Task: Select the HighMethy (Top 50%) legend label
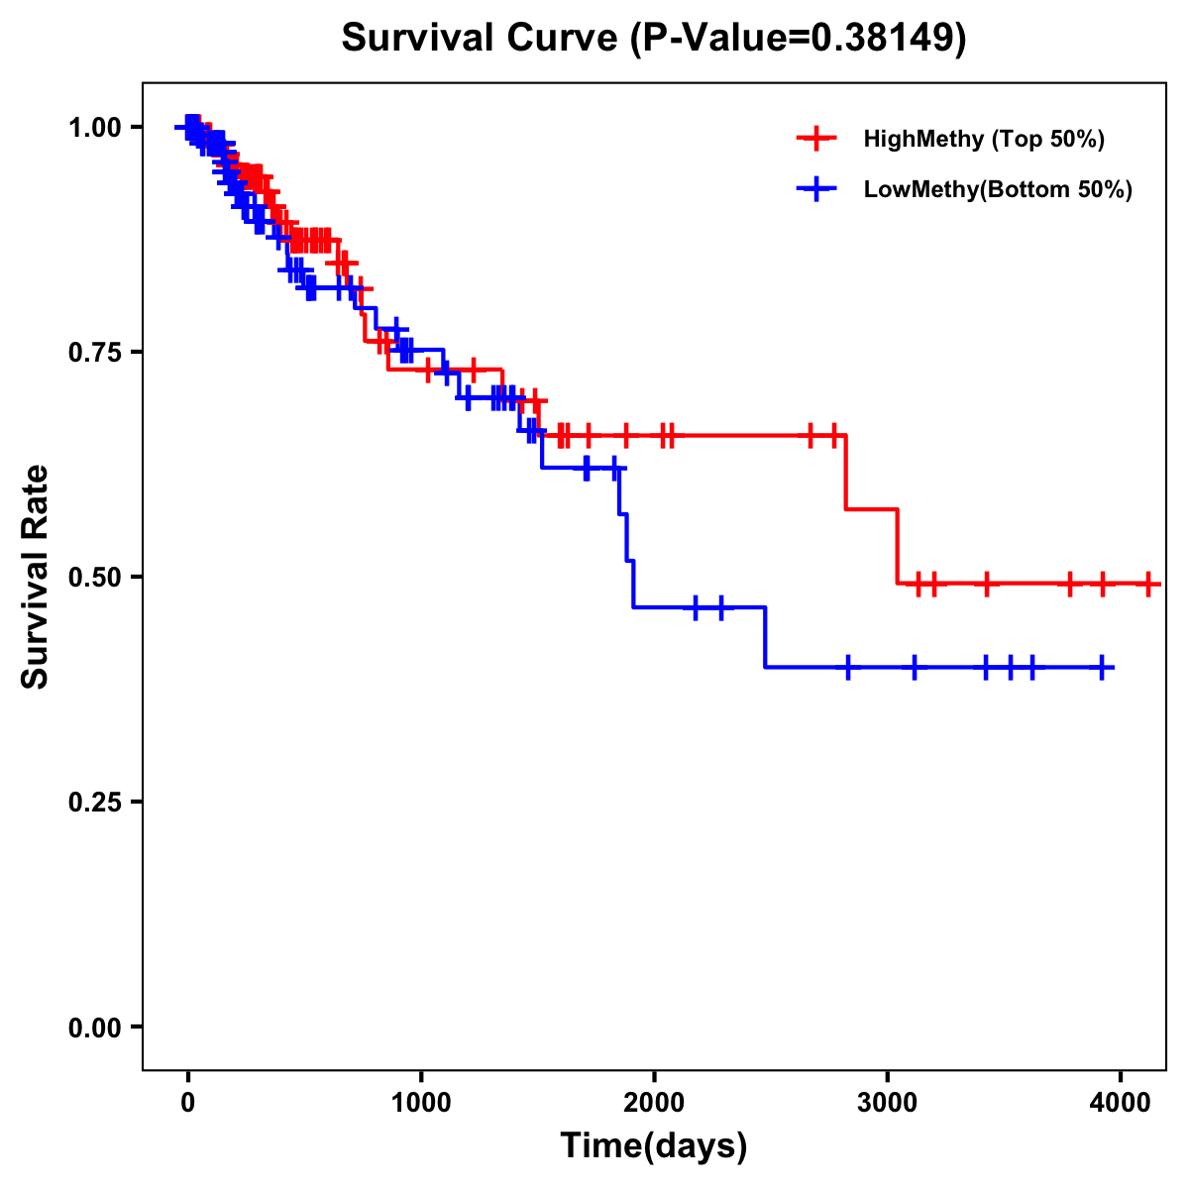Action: (983, 139)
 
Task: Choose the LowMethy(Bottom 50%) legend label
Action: (998, 189)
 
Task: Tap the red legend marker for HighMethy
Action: (816, 139)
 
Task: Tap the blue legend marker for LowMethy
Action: (816, 189)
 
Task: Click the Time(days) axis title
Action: (654, 1146)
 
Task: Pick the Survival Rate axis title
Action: (36, 577)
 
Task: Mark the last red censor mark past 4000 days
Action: (1147, 584)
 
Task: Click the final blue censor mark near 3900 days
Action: (1102, 668)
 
